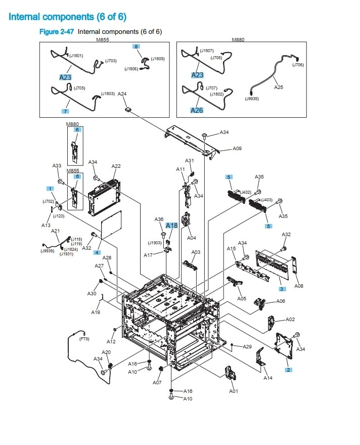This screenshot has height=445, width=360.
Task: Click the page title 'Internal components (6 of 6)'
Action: (67, 17)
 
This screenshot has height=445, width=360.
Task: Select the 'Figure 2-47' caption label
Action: (57, 32)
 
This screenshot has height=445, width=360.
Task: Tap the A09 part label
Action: (237, 149)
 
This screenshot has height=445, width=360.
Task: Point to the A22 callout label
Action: (116, 166)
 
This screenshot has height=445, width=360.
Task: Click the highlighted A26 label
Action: (197, 110)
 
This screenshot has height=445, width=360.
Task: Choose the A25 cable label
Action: (279, 87)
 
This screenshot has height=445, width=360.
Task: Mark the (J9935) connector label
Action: (251, 99)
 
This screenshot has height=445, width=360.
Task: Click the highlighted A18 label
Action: (172, 226)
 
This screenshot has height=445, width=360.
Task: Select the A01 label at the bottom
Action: (234, 391)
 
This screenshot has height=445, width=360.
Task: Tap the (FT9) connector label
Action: (84, 339)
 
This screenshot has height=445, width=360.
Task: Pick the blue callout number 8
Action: (136, 46)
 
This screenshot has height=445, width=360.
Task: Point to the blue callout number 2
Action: (288, 370)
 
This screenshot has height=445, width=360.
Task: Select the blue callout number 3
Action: (282, 289)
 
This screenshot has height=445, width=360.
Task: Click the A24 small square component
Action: (128, 108)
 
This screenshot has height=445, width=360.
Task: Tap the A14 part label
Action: (268, 378)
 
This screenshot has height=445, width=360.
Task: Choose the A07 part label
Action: (157, 382)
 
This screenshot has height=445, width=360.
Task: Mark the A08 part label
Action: (299, 286)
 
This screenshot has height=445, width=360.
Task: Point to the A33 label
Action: (57, 165)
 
